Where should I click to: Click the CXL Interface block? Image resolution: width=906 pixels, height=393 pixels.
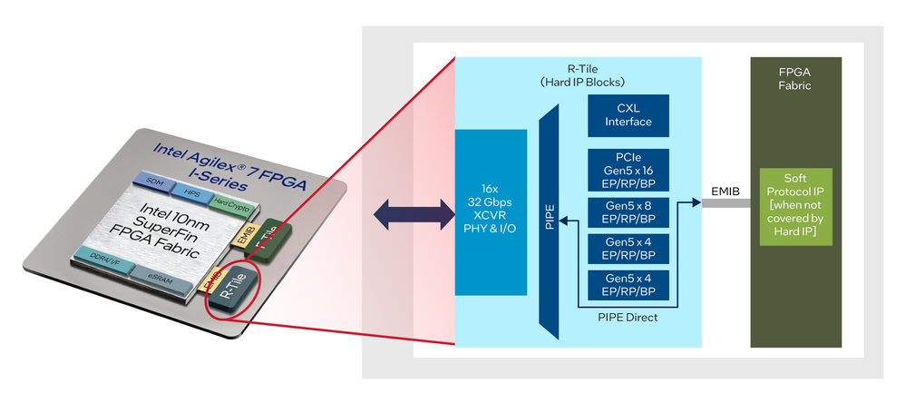(628, 116)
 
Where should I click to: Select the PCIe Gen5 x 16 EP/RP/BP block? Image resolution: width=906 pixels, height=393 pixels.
(628, 170)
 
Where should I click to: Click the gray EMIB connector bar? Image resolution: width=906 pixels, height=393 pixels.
(725, 204)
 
